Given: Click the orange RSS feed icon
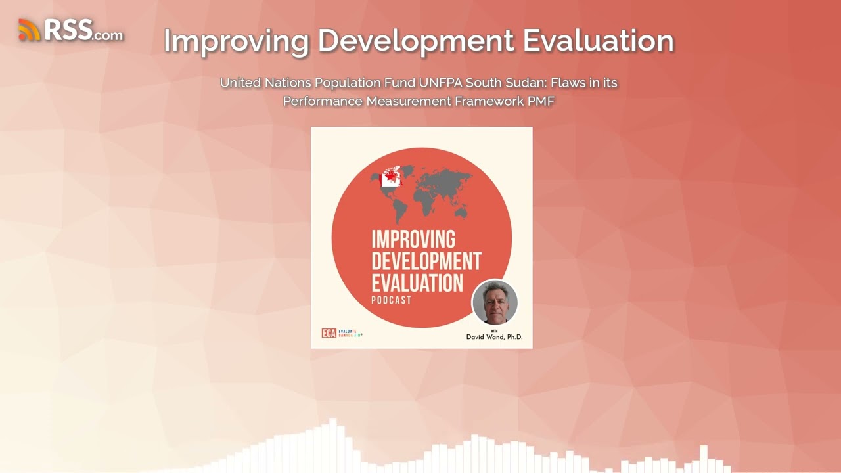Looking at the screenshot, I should (x=29, y=30).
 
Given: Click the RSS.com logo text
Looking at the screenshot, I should (x=83, y=30).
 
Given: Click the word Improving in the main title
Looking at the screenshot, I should (x=236, y=41).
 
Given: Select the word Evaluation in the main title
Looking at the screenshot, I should (x=599, y=41).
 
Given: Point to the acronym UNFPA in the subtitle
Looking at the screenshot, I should (x=440, y=83).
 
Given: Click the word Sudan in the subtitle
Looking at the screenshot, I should (x=523, y=83).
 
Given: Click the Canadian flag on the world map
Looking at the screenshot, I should (x=390, y=177).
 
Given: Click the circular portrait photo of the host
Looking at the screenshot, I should (x=495, y=302).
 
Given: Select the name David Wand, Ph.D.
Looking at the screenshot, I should (x=493, y=337).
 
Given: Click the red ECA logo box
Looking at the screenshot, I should (x=329, y=333).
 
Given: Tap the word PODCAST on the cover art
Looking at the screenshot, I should (x=391, y=300).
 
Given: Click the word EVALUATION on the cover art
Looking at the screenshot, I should (x=417, y=282).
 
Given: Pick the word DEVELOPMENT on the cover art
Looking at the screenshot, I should (x=426, y=261).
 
